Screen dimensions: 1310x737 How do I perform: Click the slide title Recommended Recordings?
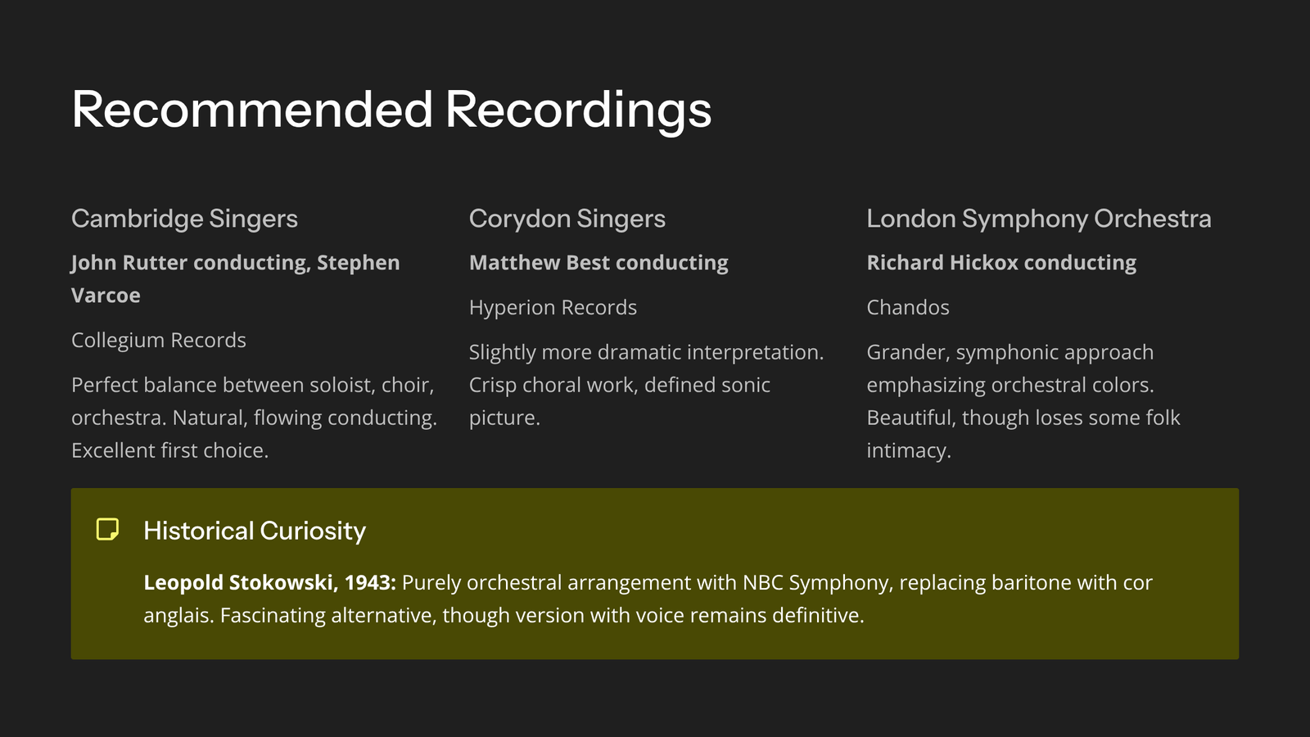pos(391,110)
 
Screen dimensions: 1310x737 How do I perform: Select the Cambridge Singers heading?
pos(184,219)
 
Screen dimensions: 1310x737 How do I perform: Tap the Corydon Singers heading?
pos(567,219)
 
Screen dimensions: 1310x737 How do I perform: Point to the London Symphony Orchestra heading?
pos(1039,219)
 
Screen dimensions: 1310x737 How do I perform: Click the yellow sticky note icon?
pos(107,529)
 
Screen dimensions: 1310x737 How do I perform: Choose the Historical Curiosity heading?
pos(255,531)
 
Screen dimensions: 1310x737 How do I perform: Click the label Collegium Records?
pos(159,340)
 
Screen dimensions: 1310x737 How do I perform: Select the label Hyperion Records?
pos(553,307)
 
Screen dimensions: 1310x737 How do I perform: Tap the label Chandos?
pos(908,307)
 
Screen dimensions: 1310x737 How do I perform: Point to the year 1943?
pos(368,582)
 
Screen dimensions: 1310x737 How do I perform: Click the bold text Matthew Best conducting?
pos(599,263)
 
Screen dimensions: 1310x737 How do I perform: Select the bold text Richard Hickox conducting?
pos(1001,263)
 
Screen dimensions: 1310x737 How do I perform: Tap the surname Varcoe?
pos(106,296)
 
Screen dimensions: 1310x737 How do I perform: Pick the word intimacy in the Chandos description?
pos(909,450)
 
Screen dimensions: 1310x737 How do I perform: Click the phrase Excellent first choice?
pos(169,450)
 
